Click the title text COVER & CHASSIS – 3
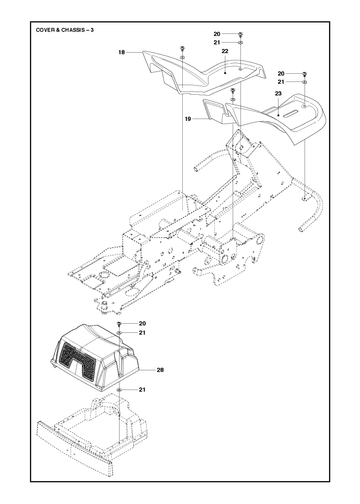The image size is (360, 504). point(65,30)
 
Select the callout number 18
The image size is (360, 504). point(122,52)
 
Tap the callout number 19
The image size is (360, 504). point(188,119)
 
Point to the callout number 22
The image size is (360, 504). point(225,51)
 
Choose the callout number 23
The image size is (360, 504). point(278,94)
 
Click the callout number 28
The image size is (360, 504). point(160,370)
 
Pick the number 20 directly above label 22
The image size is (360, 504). point(217,34)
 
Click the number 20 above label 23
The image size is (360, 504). point(281,74)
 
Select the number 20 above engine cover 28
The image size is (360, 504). point(142,324)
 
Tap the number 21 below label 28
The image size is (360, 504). point(142,390)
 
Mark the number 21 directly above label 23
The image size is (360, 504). point(281,82)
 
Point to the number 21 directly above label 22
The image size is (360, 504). point(217,43)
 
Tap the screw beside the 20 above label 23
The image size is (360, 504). point(305,74)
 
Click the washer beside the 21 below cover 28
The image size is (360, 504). point(119,390)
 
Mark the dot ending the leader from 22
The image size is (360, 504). point(225,73)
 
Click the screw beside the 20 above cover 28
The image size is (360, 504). point(119,324)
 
